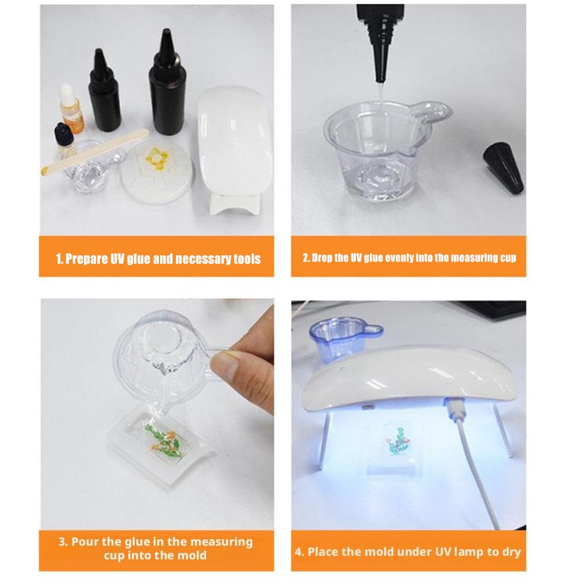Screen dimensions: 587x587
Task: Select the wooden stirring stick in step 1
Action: (x=94, y=152)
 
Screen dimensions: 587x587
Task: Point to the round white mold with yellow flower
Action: (x=157, y=172)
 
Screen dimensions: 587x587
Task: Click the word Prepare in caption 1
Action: (x=86, y=259)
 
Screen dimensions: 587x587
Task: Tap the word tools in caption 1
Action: (x=247, y=259)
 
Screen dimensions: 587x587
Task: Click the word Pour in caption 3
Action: (x=84, y=542)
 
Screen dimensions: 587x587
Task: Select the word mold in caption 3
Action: (x=192, y=555)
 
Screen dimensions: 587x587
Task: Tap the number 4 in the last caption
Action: (x=298, y=552)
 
